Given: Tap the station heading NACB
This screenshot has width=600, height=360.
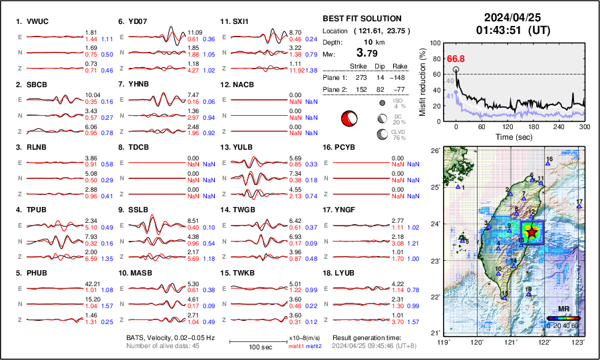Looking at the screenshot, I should (237, 85).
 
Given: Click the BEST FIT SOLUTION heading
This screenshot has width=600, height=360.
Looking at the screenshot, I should (361, 19).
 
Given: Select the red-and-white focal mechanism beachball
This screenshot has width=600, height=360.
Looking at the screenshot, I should (348, 118).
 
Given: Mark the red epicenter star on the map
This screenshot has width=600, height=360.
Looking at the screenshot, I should (531, 232).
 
